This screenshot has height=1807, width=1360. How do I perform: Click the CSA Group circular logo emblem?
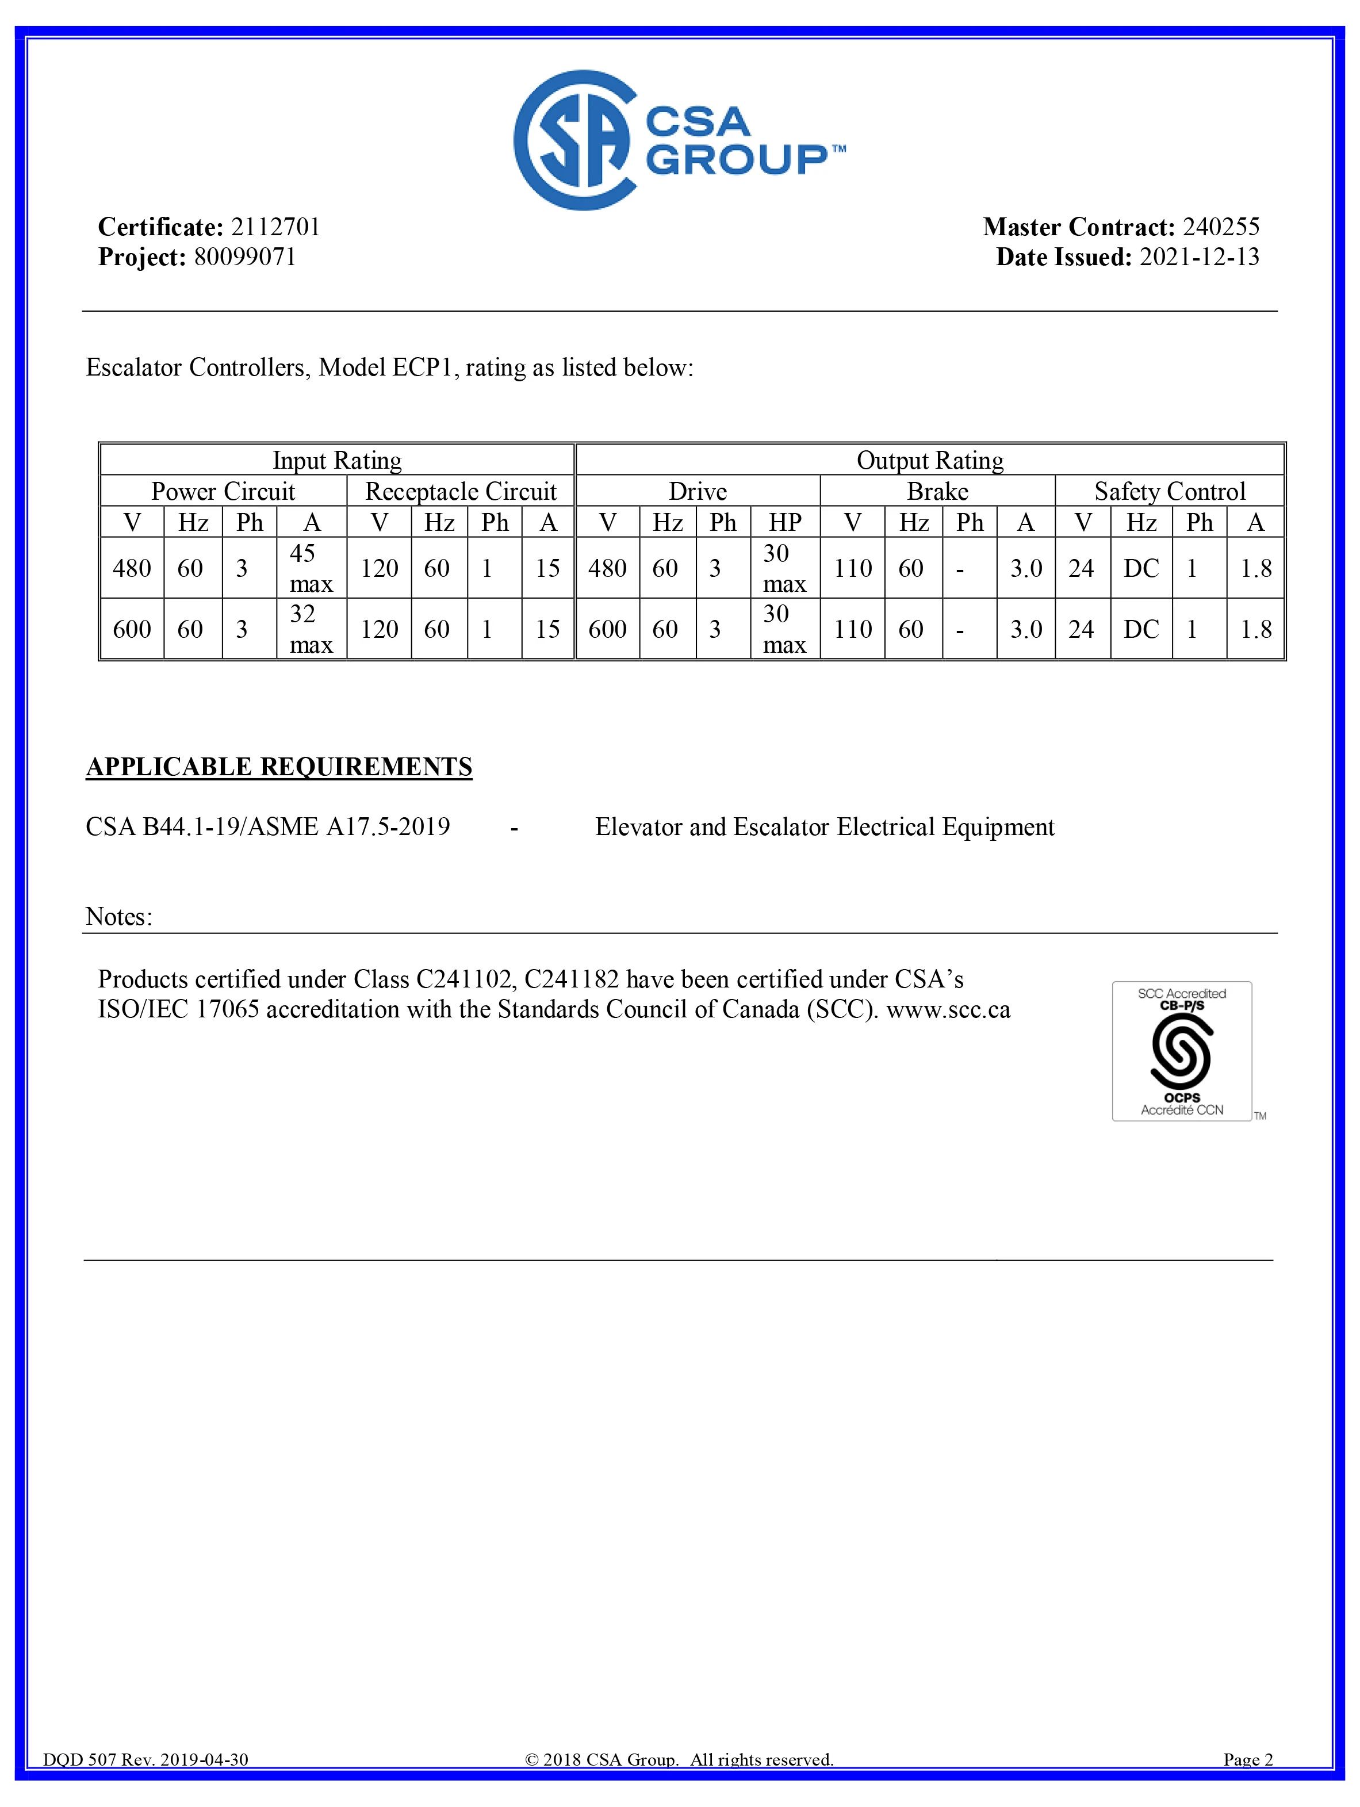[574, 140]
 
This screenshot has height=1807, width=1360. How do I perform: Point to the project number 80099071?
[244, 256]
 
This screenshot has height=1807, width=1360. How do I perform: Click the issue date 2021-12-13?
[1199, 256]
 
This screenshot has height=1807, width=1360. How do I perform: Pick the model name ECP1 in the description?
[422, 367]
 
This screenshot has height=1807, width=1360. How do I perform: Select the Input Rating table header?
[336, 460]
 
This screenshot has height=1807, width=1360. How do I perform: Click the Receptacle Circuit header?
[461, 491]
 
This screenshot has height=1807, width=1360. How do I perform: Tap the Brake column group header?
[937, 491]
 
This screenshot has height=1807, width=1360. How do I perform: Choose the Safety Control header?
[1170, 491]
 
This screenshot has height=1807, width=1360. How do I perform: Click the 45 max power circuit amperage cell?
[311, 568]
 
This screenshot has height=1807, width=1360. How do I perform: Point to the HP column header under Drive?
[784, 522]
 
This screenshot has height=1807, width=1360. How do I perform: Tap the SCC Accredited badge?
[1181, 1051]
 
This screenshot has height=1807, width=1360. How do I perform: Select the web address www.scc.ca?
[948, 1010]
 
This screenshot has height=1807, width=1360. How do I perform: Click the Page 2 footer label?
[1247, 1782]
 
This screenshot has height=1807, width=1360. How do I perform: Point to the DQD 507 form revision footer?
[145, 1782]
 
